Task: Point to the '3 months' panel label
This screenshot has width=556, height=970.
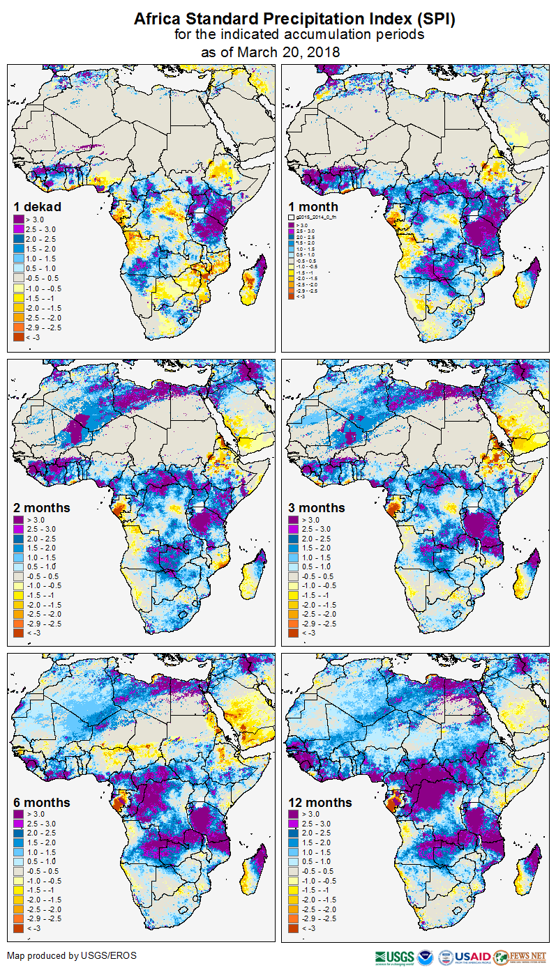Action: (317, 508)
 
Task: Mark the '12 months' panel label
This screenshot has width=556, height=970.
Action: (320, 803)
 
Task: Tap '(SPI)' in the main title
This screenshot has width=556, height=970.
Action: (432, 20)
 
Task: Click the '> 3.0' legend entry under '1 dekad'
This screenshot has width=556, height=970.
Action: (29, 220)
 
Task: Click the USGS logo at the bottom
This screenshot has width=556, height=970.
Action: (394, 957)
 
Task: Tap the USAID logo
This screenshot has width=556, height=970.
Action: (472, 957)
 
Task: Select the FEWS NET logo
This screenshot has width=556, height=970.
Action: (519, 957)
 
